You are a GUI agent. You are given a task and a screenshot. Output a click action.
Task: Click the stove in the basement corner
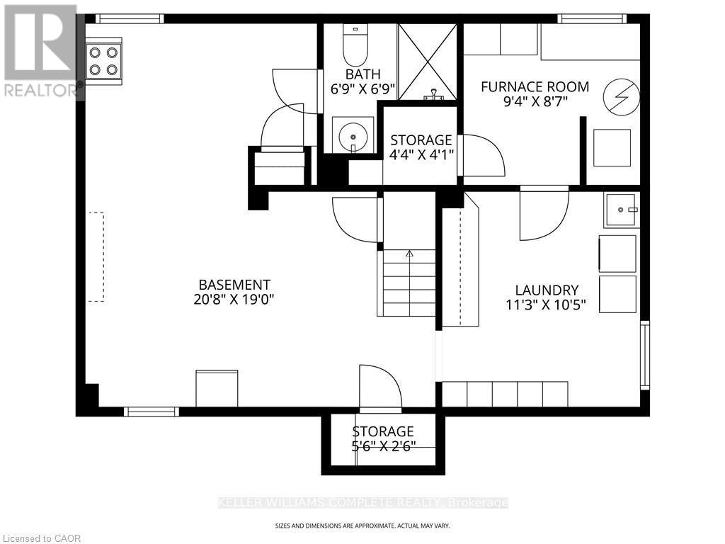click(103, 59)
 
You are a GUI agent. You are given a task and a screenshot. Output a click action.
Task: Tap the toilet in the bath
click(352, 46)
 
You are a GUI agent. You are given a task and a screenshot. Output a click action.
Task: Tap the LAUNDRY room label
click(547, 290)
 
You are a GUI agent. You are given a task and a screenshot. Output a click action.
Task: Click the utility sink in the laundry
click(621, 210)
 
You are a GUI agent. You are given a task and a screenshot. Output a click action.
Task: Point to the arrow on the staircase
click(409, 253)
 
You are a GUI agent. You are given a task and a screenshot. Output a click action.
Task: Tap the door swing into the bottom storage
click(380, 388)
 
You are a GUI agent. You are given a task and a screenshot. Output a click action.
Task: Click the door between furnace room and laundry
click(544, 212)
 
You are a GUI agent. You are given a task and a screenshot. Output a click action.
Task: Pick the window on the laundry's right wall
click(644, 355)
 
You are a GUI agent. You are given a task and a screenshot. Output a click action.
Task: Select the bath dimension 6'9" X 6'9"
click(362, 89)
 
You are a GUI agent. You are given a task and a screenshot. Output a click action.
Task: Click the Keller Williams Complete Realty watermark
click(362, 503)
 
